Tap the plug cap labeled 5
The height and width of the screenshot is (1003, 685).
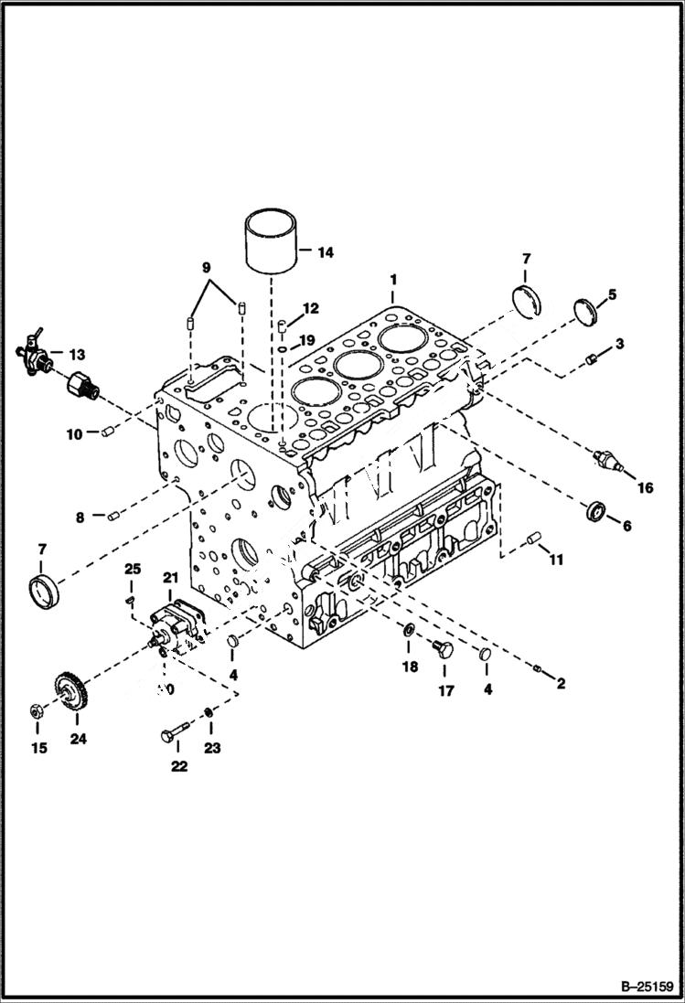[x=585, y=310]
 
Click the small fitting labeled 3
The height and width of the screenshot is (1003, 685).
[x=592, y=357]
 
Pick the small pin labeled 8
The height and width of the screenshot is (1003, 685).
[x=114, y=518]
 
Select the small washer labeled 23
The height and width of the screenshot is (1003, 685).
[x=209, y=712]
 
